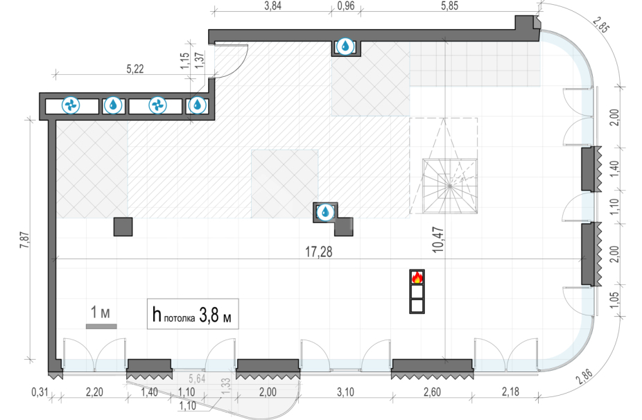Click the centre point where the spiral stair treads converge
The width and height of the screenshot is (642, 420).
click(x=449, y=186)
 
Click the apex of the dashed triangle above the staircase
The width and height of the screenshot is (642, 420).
click(x=444, y=119)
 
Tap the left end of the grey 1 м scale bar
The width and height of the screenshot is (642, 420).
click(x=86, y=326)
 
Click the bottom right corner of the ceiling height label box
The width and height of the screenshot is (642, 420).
click(x=238, y=329)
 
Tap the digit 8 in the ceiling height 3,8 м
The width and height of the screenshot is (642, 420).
click(x=214, y=315)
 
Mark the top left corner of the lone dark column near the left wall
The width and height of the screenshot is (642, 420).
click(x=114, y=218)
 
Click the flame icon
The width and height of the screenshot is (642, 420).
click(x=417, y=277)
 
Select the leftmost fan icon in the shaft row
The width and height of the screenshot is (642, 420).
click(x=71, y=105)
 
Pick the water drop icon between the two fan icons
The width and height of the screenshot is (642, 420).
click(x=113, y=105)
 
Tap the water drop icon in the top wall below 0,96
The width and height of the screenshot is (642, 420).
click(x=345, y=46)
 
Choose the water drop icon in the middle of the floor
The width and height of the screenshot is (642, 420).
click(x=325, y=212)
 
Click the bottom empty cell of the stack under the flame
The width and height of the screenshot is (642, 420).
click(x=417, y=306)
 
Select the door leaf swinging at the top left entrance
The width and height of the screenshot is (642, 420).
click(x=231, y=60)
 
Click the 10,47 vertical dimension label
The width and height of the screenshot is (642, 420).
click(x=437, y=240)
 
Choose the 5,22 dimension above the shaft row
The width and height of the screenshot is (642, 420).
click(x=135, y=69)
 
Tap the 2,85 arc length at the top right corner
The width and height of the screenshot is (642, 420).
click(x=600, y=25)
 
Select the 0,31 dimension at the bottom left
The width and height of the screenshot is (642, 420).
click(x=40, y=392)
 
